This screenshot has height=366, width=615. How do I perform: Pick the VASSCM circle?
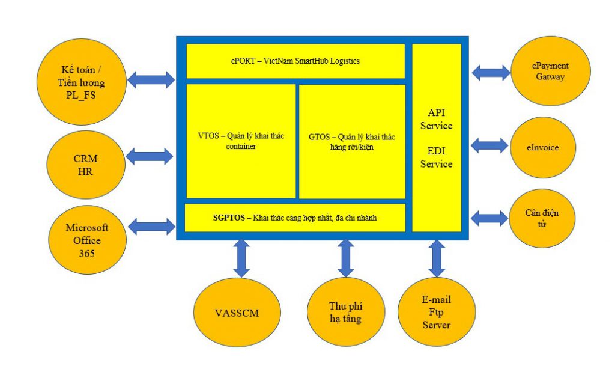238,313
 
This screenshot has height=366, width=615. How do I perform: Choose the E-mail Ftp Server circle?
436,312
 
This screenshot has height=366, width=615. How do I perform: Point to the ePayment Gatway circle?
550,71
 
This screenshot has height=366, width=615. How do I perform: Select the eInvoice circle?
542,147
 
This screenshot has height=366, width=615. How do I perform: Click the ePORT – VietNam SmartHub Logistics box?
295,61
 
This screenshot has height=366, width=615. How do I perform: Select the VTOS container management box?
241,141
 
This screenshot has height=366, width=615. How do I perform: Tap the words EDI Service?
436,157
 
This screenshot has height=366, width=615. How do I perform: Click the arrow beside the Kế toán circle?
151,79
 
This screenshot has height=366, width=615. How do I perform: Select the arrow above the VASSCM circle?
241,257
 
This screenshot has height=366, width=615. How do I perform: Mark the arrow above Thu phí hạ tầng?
346,257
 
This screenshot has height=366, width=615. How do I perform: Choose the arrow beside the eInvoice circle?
489,145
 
